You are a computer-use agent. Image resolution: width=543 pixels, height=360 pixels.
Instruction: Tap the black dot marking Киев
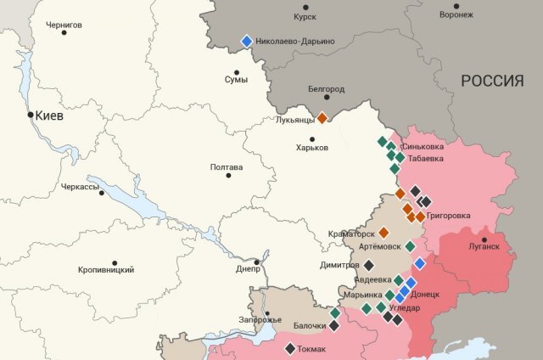(x=31, y=115)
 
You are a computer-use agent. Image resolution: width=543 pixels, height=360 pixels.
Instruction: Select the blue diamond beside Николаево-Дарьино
(x=247, y=41)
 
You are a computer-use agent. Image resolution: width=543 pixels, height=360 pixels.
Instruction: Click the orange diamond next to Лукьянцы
(x=322, y=119)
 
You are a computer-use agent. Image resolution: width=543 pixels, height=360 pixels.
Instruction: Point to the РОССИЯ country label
(x=492, y=81)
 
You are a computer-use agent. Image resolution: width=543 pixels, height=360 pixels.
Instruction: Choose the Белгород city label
(x=326, y=88)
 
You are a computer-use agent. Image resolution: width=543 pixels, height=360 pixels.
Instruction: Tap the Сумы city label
(x=236, y=80)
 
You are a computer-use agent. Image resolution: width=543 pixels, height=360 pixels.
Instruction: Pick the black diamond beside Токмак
(x=290, y=347)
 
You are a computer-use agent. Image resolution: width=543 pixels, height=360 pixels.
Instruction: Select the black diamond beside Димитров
(x=368, y=265)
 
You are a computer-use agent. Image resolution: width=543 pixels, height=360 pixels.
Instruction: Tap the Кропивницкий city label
(x=106, y=269)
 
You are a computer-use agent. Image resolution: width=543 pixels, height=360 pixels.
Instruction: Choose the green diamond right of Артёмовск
(x=410, y=246)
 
